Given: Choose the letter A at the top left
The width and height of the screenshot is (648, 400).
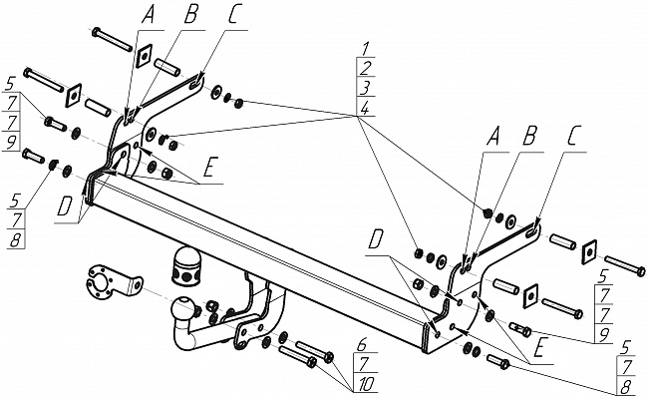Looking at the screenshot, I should pyautogui.click(x=150, y=15).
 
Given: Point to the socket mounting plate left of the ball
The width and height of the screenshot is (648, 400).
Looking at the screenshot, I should pyautogui.click(x=104, y=284).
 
